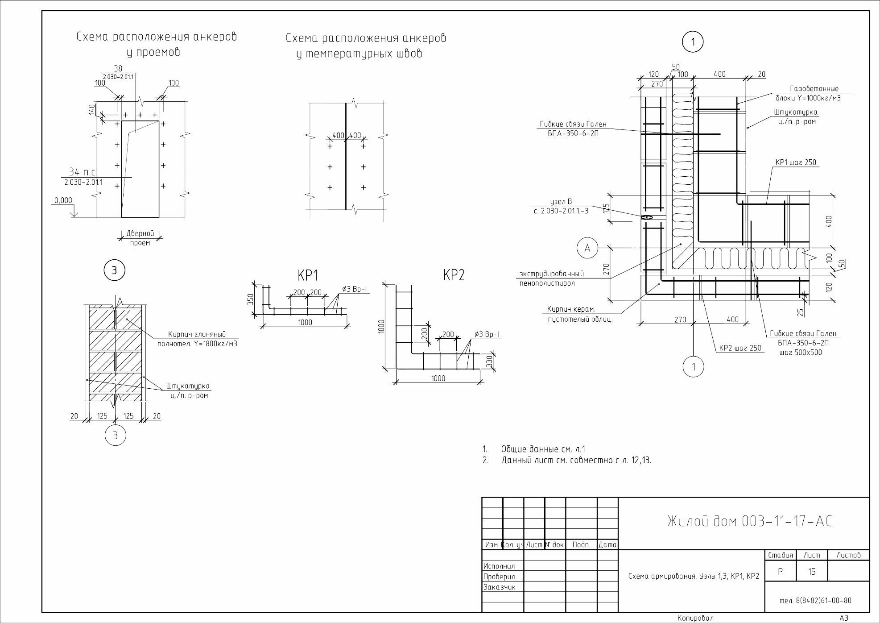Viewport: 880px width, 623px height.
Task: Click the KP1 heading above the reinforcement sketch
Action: pos(308,276)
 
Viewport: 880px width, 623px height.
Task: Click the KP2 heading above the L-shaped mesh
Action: pos(454,275)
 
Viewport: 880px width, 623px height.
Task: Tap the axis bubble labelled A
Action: pos(587,248)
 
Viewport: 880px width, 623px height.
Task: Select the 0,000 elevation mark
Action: pos(63,200)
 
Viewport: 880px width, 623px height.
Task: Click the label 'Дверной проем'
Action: pos(140,238)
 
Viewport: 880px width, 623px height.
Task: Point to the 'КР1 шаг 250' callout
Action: pos(796,162)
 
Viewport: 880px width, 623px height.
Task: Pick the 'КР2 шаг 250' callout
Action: pos(740,348)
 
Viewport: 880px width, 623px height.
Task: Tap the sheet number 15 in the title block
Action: pos(811,572)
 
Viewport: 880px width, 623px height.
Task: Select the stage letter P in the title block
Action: pos(780,572)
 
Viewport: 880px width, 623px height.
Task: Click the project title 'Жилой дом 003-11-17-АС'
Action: pos(750,521)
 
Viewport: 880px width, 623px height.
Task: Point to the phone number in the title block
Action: pos(815,601)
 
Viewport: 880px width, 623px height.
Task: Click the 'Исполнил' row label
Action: pos(499,566)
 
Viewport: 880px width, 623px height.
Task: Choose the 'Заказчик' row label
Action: pos(500,587)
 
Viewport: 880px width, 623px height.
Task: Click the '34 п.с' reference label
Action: pos(82,172)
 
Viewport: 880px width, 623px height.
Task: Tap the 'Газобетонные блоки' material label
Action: pos(808,93)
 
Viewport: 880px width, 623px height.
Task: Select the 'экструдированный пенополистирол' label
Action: pos(552,278)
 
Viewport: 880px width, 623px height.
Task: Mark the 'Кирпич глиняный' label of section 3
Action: pos(197,334)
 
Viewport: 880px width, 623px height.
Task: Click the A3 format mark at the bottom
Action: pos(844,618)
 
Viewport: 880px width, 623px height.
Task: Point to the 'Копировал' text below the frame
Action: pos(695,618)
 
